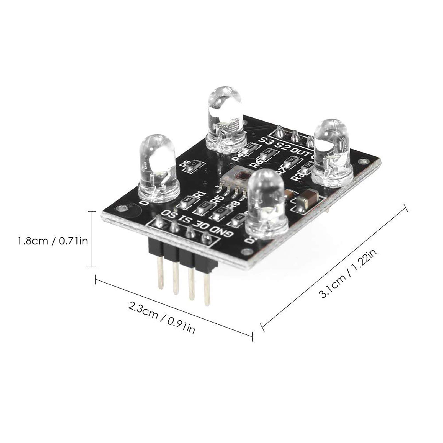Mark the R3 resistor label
[x=300, y=176]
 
